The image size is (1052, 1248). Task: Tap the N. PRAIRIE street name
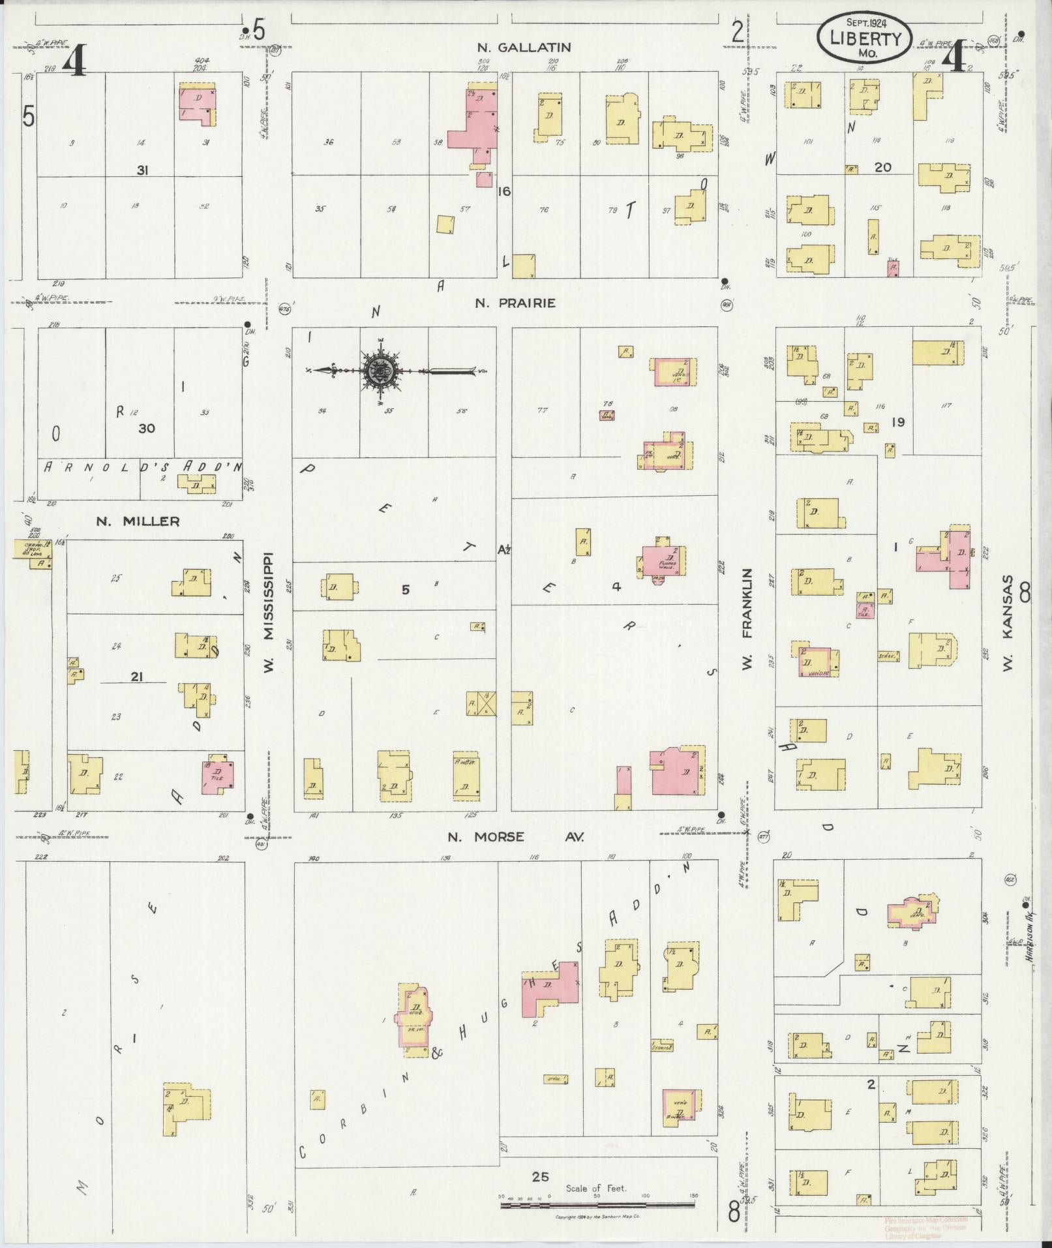(x=515, y=303)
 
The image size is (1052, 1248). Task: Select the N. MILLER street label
(x=138, y=521)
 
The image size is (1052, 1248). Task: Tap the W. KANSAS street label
(x=1008, y=624)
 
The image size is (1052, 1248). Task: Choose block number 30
(x=147, y=429)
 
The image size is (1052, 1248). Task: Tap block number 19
(x=898, y=422)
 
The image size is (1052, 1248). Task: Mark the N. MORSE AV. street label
(x=515, y=837)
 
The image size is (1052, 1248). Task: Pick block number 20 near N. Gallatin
(x=882, y=168)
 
